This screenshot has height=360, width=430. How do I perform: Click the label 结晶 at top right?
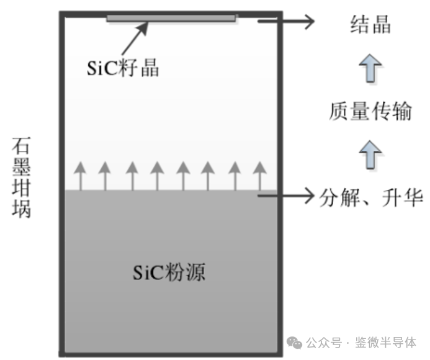point(370,26)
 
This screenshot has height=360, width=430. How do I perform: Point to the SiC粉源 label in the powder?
point(169,272)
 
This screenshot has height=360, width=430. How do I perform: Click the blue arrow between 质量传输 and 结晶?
point(370,68)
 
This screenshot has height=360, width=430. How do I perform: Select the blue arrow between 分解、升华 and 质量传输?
point(370,154)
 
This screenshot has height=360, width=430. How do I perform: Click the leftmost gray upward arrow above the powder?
point(79,176)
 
